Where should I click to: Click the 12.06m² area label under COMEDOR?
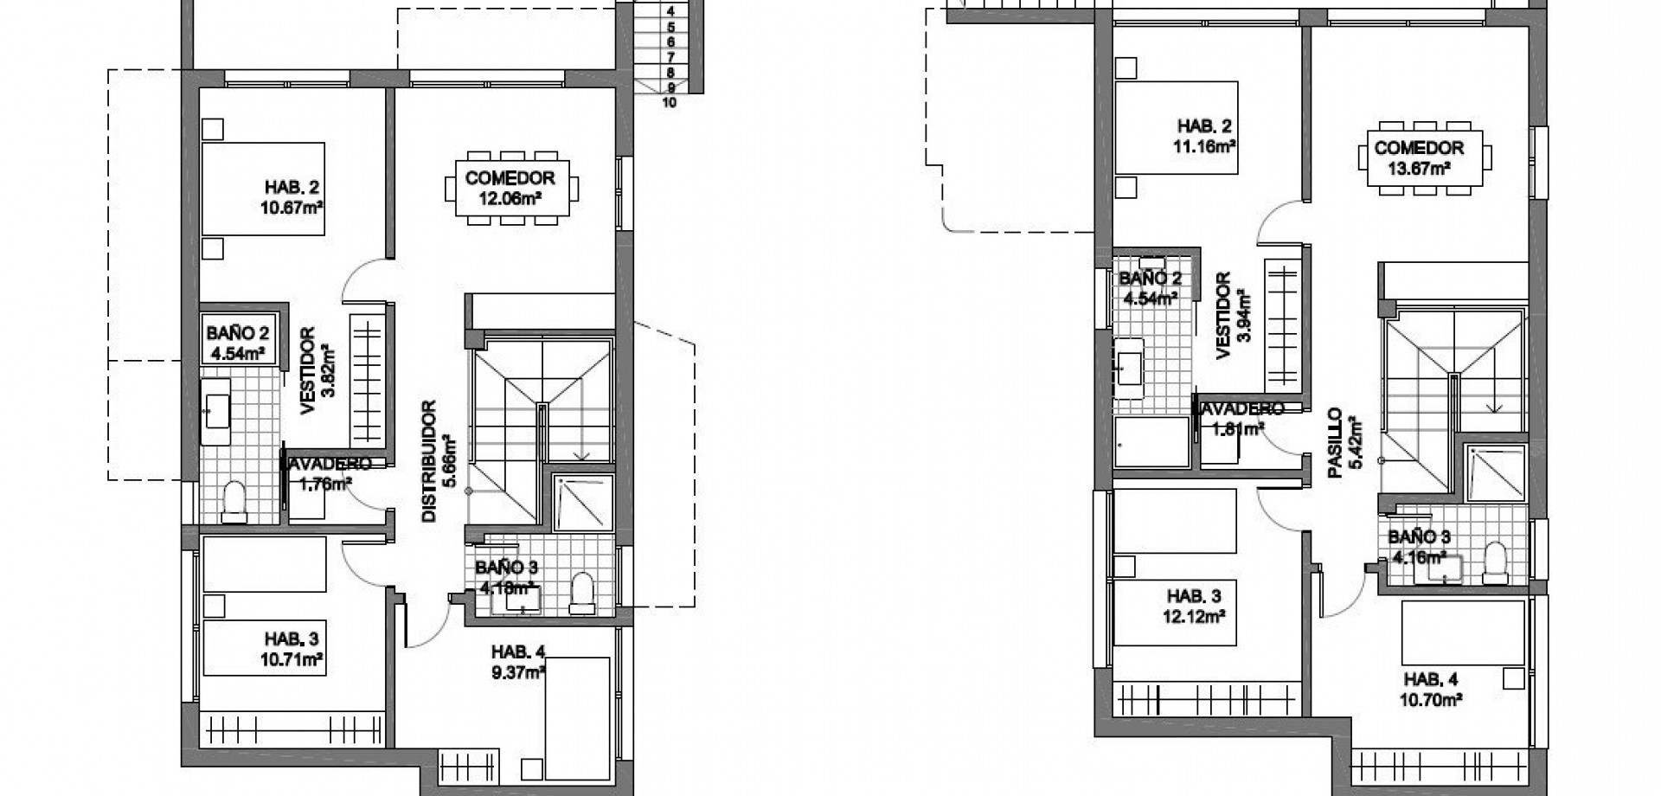click(x=510, y=198)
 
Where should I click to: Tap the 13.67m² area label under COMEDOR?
click(x=1419, y=168)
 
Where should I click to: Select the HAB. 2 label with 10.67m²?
click(x=286, y=187)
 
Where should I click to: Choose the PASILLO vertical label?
click(x=1335, y=444)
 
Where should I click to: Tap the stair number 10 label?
click(x=668, y=102)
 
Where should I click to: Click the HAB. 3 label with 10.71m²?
click(x=292, y=639)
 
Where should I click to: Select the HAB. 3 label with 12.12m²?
click(x=1194, y=596)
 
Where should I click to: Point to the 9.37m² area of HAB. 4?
click(x=517, y=671)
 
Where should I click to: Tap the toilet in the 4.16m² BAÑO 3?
click(x=1494, y=562)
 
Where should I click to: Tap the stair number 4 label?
click(x=670, y=11)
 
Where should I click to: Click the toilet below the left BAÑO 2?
click(x=234, y=503)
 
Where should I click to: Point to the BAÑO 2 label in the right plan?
click(x=1150, y=278)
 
